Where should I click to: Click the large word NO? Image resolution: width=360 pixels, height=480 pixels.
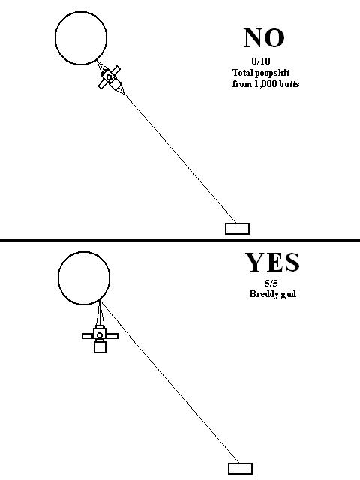coord(264,38)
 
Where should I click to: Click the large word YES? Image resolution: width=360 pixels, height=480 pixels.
coord(272,262)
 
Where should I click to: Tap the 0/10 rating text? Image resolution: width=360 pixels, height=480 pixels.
coord(261,61)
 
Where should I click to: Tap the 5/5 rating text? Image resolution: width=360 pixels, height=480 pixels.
coord(271,283)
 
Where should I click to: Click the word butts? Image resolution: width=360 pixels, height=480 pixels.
coord(289,84)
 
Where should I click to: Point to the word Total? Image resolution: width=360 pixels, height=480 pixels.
coord(243,73)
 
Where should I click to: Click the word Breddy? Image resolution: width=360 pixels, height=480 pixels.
coord(262,294)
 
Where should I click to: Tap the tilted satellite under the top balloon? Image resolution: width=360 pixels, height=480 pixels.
coord(109,77)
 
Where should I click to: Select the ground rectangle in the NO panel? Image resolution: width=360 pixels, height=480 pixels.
coord(237,229)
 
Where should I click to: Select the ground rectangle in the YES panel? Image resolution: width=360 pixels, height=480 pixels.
coord(240,469)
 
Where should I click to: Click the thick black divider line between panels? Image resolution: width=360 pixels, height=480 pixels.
coord(180,240)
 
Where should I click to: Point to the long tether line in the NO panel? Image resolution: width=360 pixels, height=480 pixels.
coord(181,159)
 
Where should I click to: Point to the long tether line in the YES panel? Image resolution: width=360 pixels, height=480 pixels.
coord(170,382)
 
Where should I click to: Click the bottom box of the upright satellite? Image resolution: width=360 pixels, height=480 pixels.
coord(100,347)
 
